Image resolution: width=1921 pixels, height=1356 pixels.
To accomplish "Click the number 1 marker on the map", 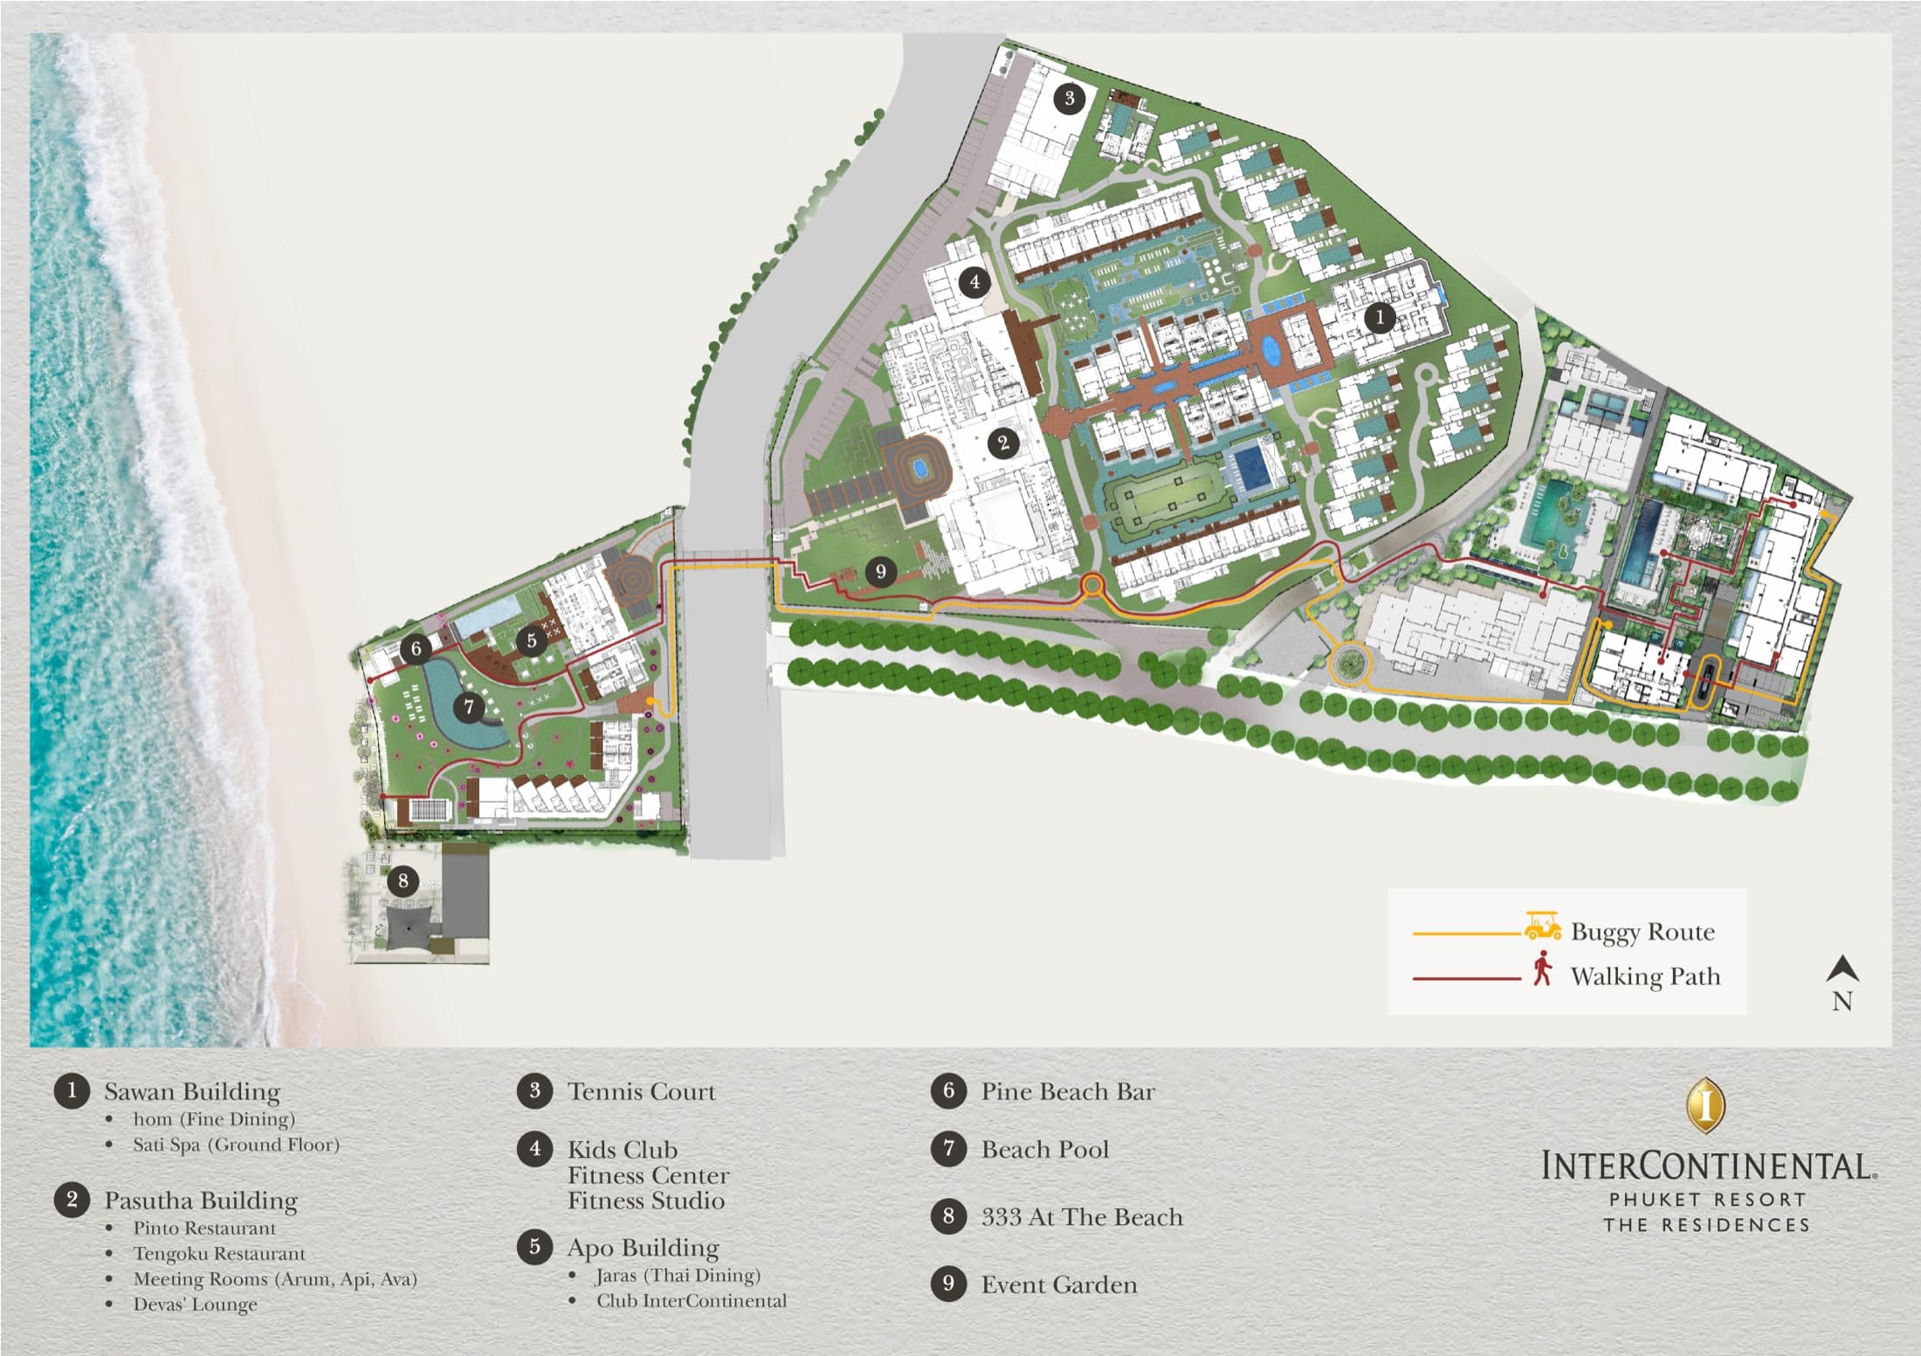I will click(1380, 317).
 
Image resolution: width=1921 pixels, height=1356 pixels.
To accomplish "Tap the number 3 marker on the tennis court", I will click(1070, 98).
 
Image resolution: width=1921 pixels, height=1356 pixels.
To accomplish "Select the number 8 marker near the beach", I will click(403, 880).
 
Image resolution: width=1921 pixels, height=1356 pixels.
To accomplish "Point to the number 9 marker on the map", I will click(880, 572).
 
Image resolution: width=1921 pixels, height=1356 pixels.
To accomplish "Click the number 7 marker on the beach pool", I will click(469, 706).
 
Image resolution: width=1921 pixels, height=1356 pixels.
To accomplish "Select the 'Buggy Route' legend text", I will click(1642, 932).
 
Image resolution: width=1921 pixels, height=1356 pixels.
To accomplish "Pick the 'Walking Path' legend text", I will click(1645, 976).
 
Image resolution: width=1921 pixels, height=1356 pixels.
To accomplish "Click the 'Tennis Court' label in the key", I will click(641, 1091).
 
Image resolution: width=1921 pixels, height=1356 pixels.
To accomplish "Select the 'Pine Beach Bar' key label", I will click(1067, 1091).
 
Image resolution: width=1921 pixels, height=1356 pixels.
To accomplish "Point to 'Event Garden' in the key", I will click(1058, 1284).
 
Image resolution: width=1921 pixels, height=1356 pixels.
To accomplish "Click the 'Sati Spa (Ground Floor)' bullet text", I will click(236, 1145).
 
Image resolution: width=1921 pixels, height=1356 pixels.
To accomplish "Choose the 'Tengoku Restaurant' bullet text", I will click(219, 1254).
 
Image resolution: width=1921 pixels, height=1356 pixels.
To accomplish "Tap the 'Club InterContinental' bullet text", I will click(692, 1301).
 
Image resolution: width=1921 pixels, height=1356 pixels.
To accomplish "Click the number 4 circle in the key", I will click(534, 1148).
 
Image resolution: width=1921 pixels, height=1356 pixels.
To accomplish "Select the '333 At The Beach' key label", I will click(1081, 1217).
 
